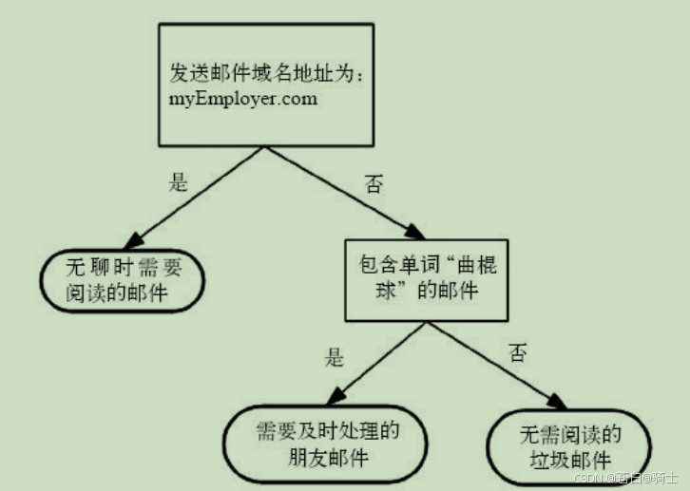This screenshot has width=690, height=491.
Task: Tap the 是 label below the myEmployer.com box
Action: pyautogui.click(x=178, y=183)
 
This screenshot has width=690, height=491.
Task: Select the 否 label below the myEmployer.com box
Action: pyautogui.click(x=374, y=185)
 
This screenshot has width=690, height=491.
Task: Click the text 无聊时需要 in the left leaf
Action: pyautogui.click(x=123, y=266)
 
